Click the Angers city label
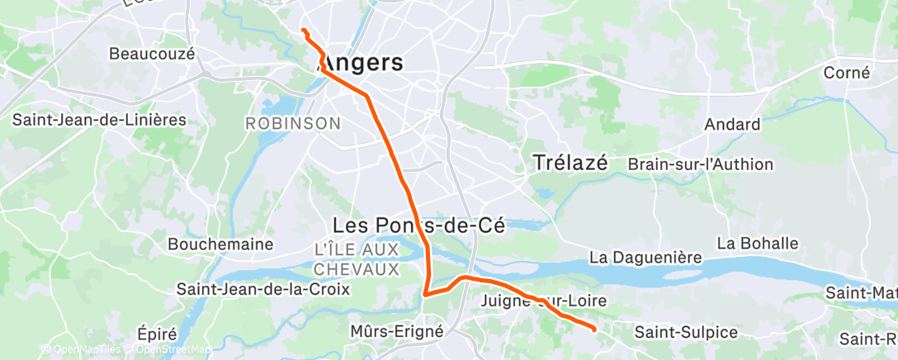click(362, 63)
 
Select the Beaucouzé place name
click(152, 54)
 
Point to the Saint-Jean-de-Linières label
click(99, 120)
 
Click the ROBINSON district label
click(293, 124)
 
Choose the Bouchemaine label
click(209, 244)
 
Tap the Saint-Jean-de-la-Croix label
click(263, 290)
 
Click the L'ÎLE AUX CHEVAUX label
click(357, 258)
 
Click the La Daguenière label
click(646, 258)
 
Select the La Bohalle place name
click(758, 244)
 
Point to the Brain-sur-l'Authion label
click(701, 164)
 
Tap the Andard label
click(732, 125)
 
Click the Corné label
click(847, 73)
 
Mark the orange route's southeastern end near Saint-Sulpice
click(594, 329)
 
